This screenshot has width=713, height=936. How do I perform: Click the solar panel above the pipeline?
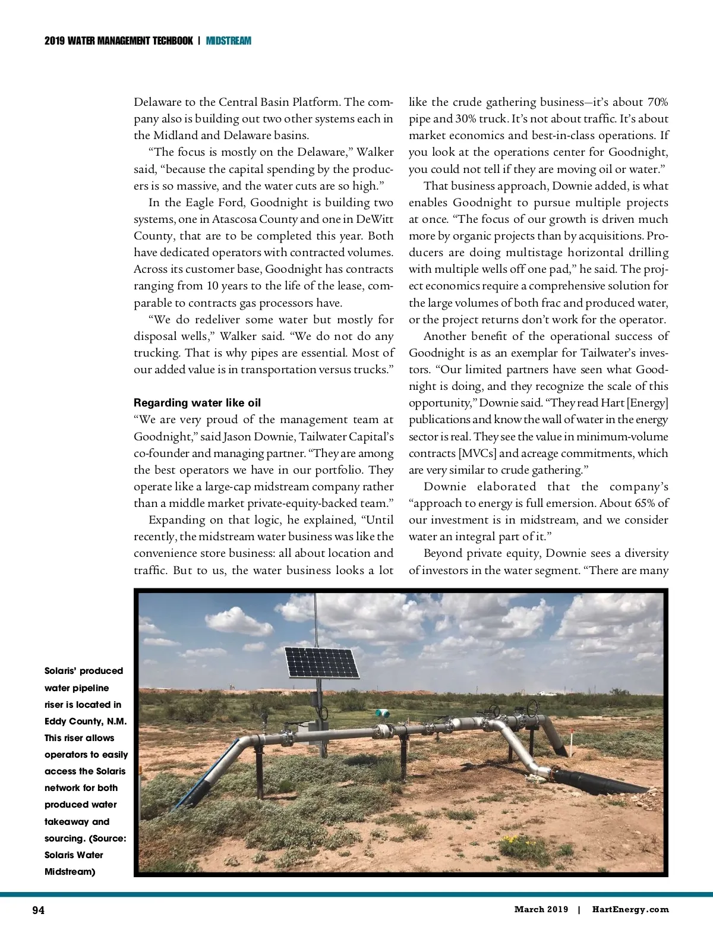[x=323, y=662]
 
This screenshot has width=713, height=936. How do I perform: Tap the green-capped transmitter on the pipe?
[x=378, y=713]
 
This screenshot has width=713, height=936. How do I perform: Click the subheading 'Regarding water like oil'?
[x=197, y=403]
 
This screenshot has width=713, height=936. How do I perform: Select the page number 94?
[x=38, y=910]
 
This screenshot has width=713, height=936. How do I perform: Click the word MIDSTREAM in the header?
[x=229, y=41]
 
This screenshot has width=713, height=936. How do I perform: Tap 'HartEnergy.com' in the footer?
[x=630, y=909]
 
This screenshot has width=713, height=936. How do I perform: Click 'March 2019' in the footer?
[x=541, y=909]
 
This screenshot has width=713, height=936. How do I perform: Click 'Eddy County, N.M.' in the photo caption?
[x=86, y=721]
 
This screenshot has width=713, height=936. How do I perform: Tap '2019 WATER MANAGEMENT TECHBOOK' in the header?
[x=119, y=41]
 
